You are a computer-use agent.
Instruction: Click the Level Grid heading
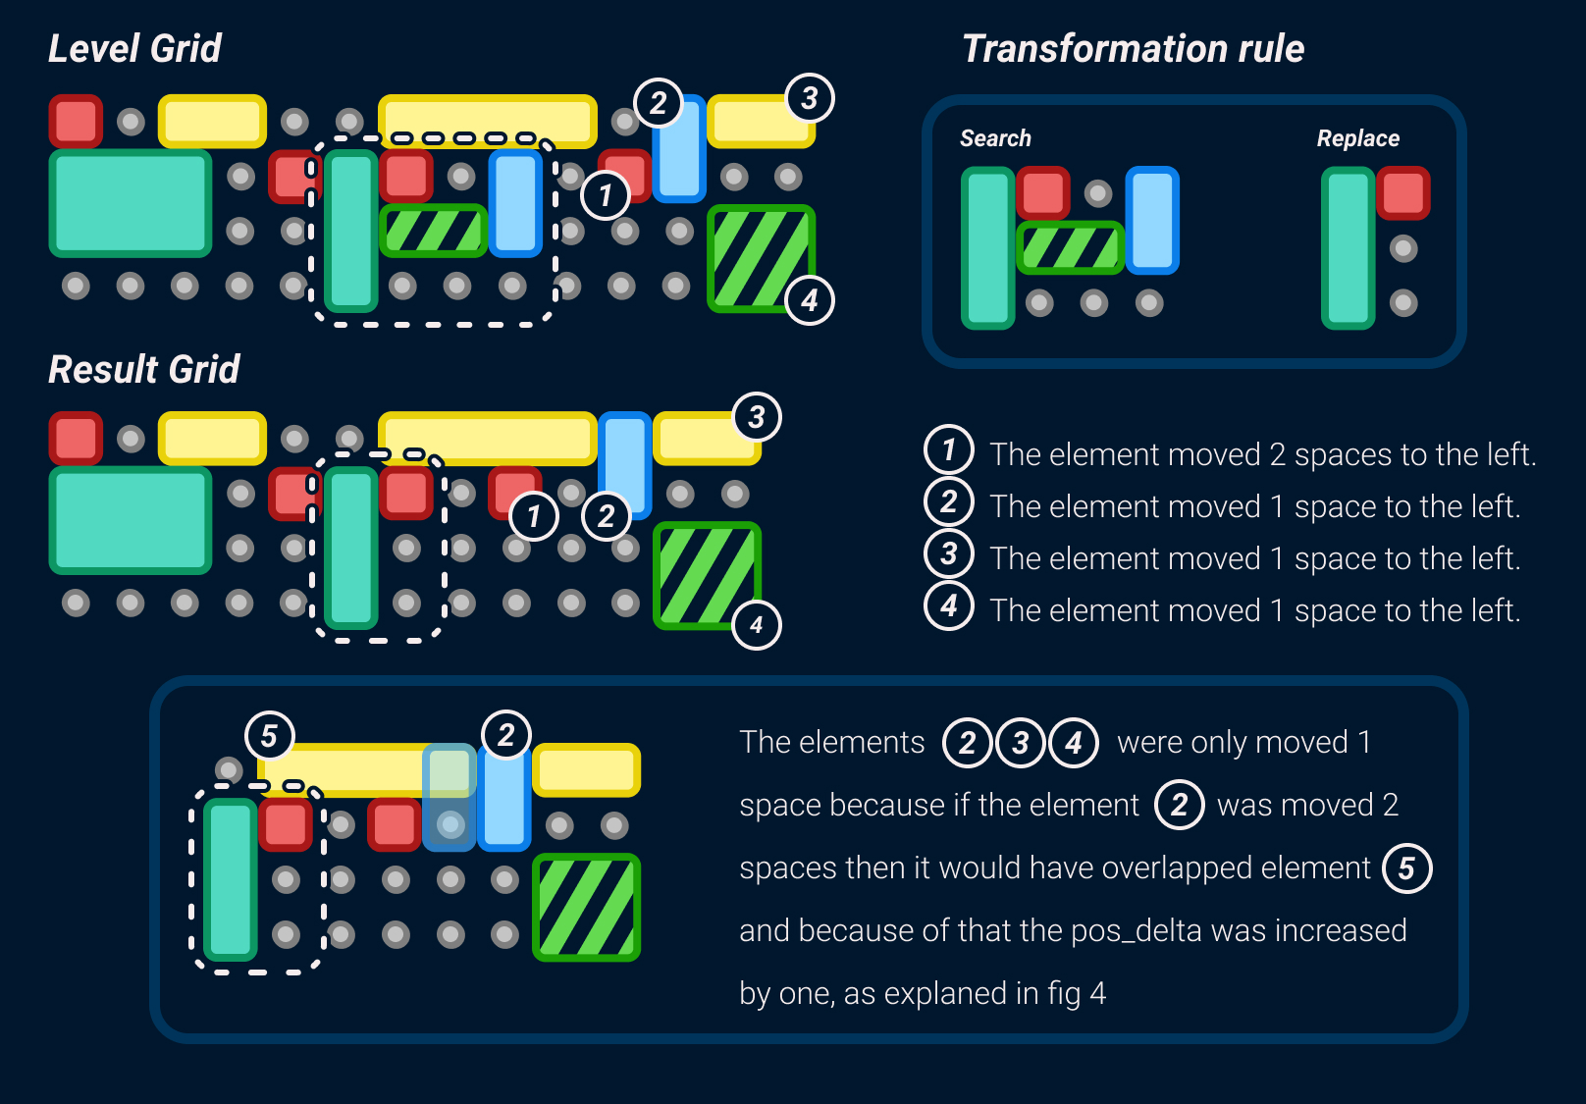click(x=134, y=48)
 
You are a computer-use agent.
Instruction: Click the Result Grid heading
click(x=144, y=370)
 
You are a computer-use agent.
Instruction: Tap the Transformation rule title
click(x=1133, y=48)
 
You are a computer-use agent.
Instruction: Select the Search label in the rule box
click(x=995, y=138)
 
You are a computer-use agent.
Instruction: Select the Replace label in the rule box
click(x=1357, y=138)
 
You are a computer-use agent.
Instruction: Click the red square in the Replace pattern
click(x=1403, y=192)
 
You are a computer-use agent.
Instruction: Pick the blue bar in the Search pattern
click(x=1152, y=220)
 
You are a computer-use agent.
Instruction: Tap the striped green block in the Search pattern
click(x=1071, y=247)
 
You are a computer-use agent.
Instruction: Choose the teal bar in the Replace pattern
click(x=1348, y=247)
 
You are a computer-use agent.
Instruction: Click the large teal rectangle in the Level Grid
click(x=131, y=203)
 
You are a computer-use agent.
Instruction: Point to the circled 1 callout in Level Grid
click(x=606, y=195)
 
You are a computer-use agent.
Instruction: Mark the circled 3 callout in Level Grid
click(x=810, y=98)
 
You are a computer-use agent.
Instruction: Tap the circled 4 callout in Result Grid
click(x=757, y=625)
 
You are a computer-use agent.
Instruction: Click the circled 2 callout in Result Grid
click(x=606, y=516)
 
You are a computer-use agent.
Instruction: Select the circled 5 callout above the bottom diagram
click(x=269, y=735)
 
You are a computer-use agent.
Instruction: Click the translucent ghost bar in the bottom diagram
click(x=449, y=797)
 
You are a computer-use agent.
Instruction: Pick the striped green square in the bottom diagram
click(x=586, y=907)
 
